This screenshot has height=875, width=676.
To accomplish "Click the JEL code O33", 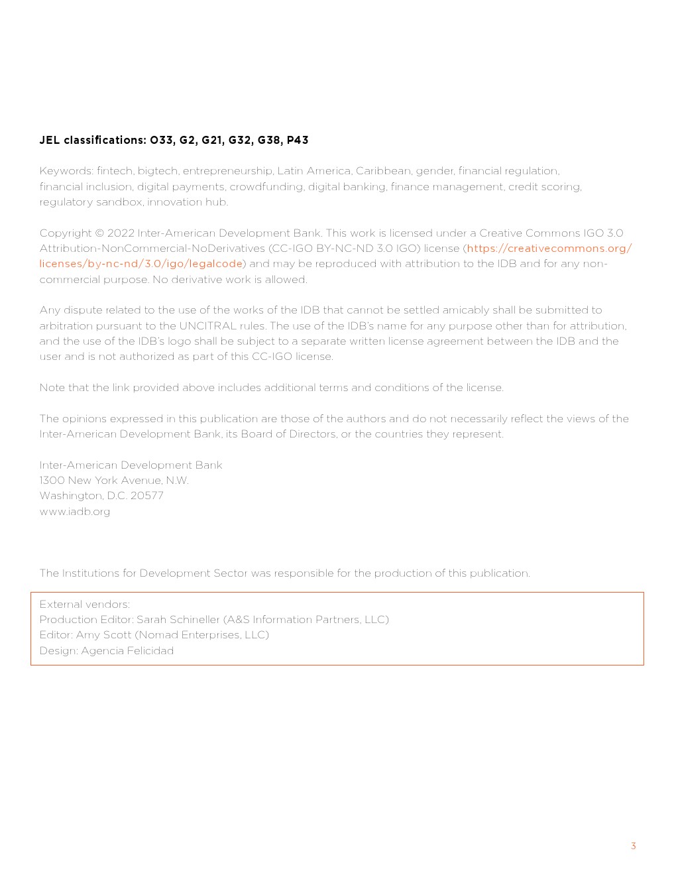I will point(162,140).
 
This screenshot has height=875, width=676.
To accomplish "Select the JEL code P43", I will point(298,140).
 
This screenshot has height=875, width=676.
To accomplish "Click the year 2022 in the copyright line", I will point(121,233).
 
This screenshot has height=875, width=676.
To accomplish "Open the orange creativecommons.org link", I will point(549,249).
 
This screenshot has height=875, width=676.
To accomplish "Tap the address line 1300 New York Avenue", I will point(114,481).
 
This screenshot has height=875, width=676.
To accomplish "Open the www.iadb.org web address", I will point(75,512).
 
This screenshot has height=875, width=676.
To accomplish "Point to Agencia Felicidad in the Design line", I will point(127,651).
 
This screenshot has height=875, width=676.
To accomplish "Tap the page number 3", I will point(634,846).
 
